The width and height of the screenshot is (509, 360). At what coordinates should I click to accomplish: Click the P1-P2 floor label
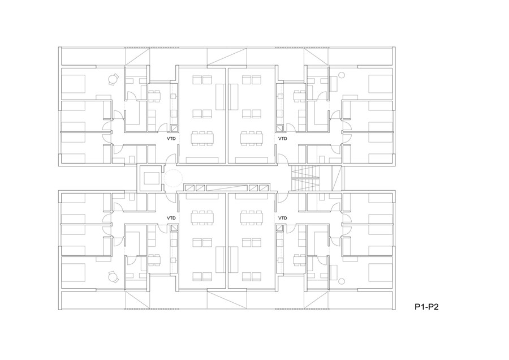click(426, 307)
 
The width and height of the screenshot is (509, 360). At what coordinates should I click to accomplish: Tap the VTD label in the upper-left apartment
click(171, 139)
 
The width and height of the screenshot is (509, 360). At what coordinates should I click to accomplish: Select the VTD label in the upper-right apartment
click(283, 139)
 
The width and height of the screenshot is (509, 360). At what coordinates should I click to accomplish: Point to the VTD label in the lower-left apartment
click(171, 218)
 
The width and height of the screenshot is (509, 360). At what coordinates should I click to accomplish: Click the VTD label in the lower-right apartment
click(283, 218)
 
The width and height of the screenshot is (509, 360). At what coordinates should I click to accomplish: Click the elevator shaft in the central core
click(150, 178)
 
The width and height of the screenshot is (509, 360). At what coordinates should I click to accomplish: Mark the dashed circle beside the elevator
click(172, 178)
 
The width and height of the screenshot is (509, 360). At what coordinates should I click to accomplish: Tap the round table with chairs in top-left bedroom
click(113, 79)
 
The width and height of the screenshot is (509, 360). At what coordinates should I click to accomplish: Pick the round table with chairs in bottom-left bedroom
click(113, 277)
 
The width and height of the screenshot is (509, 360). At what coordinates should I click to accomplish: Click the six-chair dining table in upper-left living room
click(202, 138)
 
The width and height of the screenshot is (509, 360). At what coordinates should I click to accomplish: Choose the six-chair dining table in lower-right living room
click(251, 218)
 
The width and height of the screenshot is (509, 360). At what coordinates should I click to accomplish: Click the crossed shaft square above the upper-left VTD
click(174, 128)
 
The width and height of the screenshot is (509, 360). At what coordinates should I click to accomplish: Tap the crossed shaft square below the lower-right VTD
click(279, 228)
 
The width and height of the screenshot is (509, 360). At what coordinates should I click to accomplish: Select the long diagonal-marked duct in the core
click(226, 187)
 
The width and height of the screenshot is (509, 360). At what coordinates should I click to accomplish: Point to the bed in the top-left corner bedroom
click(74, 84)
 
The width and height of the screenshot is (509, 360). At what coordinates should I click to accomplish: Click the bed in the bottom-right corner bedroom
click(380, 272)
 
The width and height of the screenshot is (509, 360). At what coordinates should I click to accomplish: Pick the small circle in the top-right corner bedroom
click(341, 75)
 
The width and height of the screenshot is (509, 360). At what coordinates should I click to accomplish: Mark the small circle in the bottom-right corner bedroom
click(341, 281)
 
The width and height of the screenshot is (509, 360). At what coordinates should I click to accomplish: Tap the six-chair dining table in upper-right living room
click(251, 138)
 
